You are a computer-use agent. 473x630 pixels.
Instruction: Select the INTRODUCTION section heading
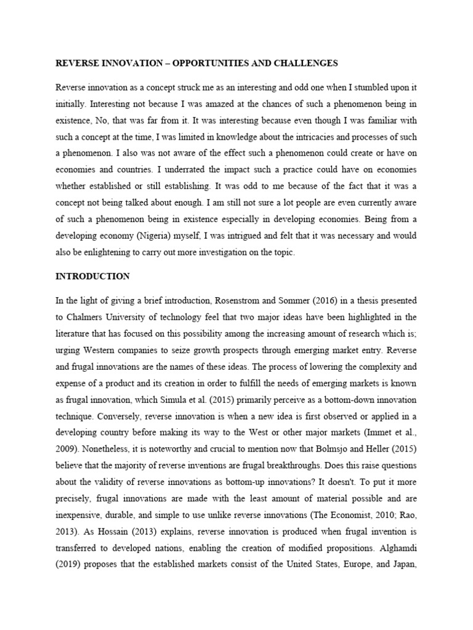(x=92, y=276)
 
